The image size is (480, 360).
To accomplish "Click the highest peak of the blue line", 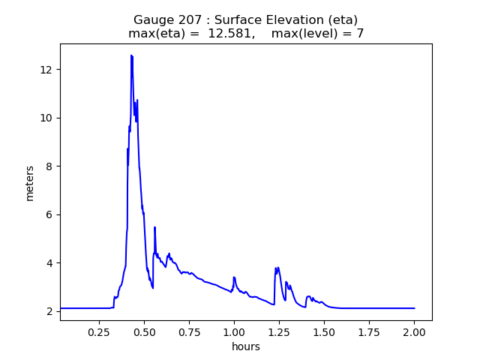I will [x=131, y=55].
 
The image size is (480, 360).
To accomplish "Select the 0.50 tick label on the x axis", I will [x=144, y=331].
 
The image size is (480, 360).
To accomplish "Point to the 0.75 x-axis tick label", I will [x=189, y=331].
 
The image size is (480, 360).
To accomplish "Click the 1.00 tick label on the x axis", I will [x=234, y=331].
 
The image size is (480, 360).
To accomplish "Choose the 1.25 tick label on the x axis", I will [x=279, y=331].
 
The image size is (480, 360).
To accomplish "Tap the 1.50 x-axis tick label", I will [x=324, y=331].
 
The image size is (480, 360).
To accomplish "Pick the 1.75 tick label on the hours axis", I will [x=369, y=331].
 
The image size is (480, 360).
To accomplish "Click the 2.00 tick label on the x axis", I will [x=414, y=331].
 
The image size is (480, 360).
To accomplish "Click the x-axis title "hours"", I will [x=246, y=346].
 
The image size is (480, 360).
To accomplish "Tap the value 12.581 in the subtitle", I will [x=232, y=34].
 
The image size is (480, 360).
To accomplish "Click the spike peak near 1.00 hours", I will [x=234, y=277].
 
